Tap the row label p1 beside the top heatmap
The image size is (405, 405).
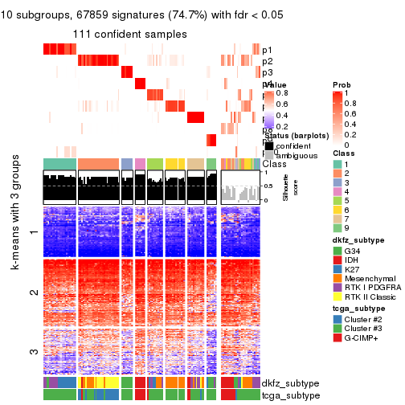[x=267, y=50]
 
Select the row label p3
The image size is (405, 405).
[x=267, y=72]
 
